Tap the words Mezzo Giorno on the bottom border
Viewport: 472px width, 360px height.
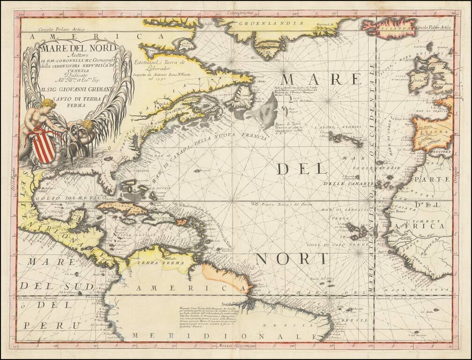pos(234,347)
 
